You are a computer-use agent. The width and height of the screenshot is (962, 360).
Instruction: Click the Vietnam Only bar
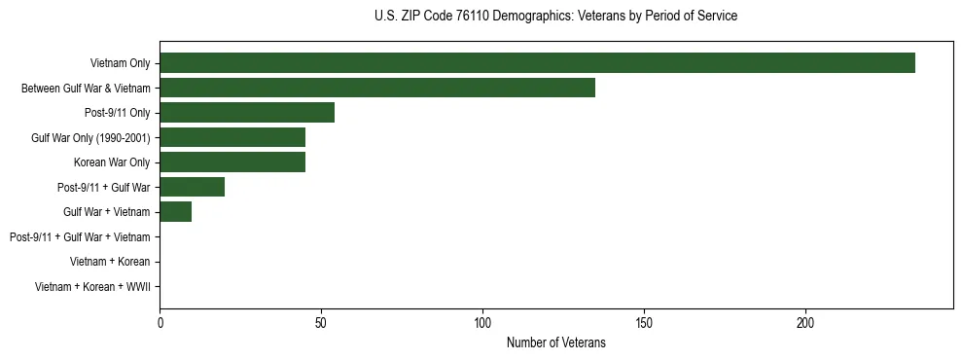click(x=537, y=63)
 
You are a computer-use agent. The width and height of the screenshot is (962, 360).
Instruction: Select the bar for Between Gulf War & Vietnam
click(x=377, y=88)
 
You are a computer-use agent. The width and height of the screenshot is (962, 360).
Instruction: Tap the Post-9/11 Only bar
click(x=247, y=113)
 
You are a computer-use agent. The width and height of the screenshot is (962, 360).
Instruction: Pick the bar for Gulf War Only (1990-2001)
click(x=232, y=137)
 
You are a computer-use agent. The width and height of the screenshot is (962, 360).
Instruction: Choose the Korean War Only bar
click(x=232, y=162)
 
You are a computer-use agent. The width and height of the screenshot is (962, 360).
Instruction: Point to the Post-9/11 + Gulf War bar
click(x=192, y=187)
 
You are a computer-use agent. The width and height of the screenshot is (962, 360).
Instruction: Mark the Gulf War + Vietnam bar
click(x=176, y=212)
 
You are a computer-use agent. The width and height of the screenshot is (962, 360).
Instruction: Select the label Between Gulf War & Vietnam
click(x=86, y=89)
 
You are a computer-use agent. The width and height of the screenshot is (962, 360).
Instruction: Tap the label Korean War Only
click(x=112, y=162)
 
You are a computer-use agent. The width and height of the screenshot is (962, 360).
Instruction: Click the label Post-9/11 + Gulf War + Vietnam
click(x=80, y=237)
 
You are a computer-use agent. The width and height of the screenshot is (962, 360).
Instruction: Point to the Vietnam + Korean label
click(x=110, y=262)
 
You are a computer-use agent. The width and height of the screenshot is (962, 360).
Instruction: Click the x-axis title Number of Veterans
click(x=555, y=342)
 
